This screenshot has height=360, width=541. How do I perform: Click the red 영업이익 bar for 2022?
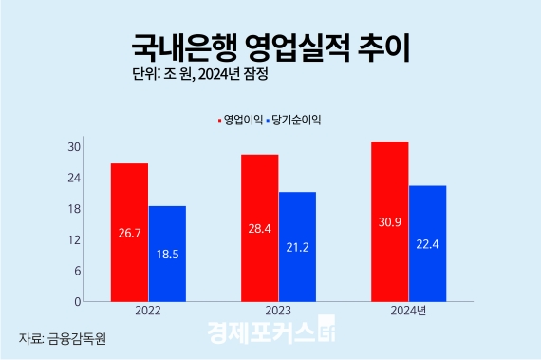pos(129,232)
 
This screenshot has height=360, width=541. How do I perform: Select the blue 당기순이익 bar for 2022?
pos(167,254)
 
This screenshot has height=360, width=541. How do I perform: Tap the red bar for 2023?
pos(259,228)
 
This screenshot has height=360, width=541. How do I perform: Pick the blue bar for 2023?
pos(297,246)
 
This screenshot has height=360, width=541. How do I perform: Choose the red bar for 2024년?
pos(389,220)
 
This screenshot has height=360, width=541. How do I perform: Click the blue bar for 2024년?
pos(427,243)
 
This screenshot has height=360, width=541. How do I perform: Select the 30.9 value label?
pos(389,220)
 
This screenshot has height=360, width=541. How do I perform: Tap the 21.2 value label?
pos(297,246)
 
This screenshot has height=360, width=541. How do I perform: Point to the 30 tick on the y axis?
pos(73,146)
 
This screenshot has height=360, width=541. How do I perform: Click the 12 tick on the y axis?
pos(73,239)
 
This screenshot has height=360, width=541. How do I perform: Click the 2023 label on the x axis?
pos(278,311)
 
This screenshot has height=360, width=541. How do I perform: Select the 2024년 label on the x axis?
pos(408,311)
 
